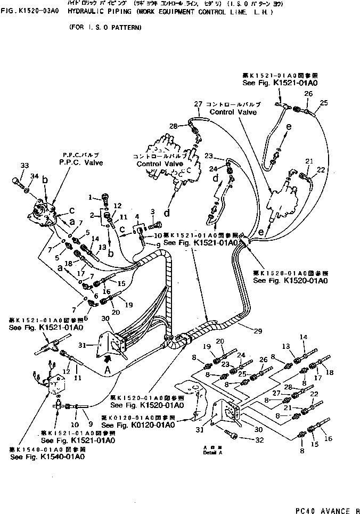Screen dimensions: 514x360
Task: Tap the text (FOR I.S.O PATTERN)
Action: (105, 27)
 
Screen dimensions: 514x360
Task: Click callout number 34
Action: (35, 176)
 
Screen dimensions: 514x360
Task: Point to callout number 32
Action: (260, 440)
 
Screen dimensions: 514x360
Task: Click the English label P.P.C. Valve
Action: (81, 162)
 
